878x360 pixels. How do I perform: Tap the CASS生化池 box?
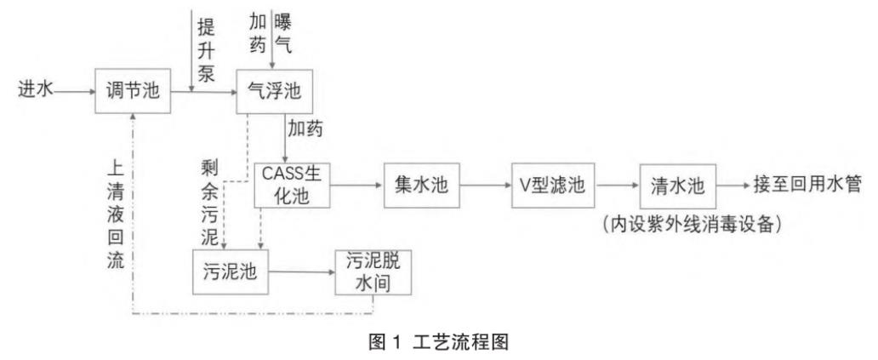pos(292,185)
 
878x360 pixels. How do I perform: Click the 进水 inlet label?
pos(32,89)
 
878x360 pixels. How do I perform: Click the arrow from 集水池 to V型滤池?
pos(485,185)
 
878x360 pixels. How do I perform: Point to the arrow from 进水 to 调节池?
pos(73,89)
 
